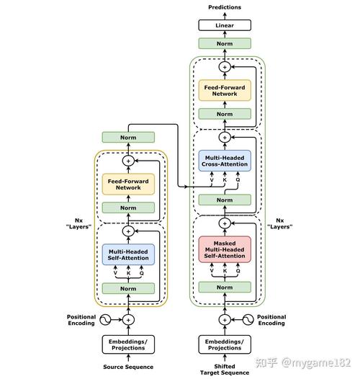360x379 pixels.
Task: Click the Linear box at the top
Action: click(225, 25)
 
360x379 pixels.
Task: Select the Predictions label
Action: click(225, 7)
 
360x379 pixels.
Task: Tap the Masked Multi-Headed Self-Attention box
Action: click(225, 249)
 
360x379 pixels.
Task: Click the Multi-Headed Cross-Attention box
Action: click(225, 161)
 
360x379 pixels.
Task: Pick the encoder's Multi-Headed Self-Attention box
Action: click(128, 254)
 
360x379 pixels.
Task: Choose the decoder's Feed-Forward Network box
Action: click(225, 90)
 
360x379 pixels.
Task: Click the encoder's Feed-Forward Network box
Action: click(128, 184)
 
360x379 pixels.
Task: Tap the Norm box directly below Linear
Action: click(225, 43)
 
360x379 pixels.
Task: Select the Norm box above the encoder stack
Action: click(128, 138)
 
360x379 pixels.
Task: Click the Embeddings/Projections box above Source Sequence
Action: click(128, 344)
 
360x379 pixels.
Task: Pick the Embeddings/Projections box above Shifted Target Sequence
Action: click(225, 344)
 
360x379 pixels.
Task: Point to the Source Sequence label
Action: click(128, 367)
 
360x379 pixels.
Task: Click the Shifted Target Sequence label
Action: click(225, 370)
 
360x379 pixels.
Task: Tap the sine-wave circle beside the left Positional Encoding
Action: click(105, 320)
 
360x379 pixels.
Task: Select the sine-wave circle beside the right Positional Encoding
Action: click(248, 320)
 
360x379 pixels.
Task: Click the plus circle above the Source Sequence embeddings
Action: click(128, 320)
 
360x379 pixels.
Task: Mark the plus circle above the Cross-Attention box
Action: click(225, 138)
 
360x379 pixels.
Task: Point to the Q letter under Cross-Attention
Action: click(238, 180)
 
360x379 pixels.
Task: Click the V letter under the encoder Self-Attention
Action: click(115, 273)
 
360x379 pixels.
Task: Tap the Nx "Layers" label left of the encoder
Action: click(78, 223)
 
